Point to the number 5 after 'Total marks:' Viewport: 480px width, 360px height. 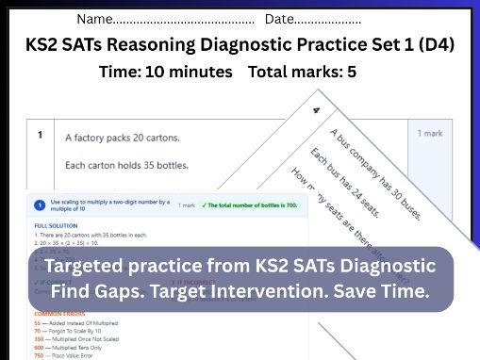point(352,73)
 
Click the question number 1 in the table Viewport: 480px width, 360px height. point(40,135)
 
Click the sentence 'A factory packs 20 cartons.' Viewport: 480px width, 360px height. point(123,138)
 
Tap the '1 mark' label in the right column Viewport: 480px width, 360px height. point(430,134)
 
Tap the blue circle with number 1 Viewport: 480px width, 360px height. point(39,205)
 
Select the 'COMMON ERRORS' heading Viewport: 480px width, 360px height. point(57,314)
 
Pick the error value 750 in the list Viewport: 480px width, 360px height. point(39,356)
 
